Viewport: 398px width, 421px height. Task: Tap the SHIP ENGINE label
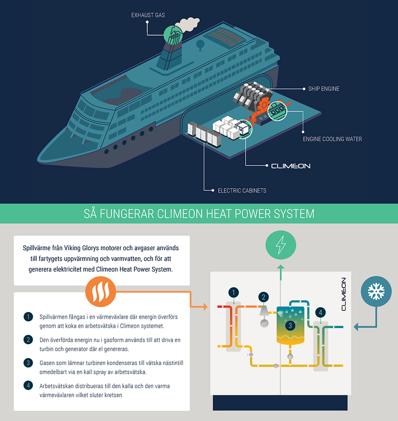324,89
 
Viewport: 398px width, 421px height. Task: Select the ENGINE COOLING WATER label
332,139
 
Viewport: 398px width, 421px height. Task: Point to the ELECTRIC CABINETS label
242,190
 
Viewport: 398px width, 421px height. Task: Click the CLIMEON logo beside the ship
291,166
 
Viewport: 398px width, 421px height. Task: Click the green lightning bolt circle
280,245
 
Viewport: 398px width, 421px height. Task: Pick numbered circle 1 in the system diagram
233,292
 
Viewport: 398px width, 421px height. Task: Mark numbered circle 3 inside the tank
290,324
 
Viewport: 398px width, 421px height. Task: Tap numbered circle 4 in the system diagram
320,312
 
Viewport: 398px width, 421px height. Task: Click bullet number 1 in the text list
28,316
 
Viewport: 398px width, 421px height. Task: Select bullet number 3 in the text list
28,363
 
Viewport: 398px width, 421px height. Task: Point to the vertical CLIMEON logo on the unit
344,294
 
